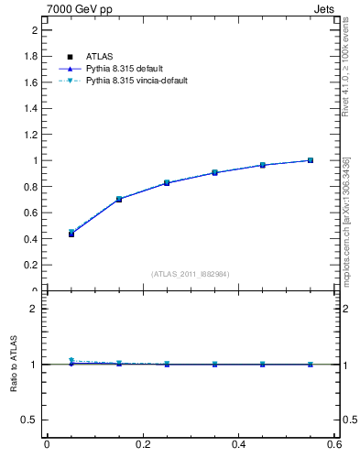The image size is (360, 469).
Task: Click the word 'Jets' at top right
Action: pyautogui.click(x=327, y=8)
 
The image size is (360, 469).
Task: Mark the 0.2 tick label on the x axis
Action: pyautogui.click(x=142, y=444)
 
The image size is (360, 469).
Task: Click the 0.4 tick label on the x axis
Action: pyautogui.click(x=238, y=444)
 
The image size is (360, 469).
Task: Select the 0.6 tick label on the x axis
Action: pyautogui.click(x=334, y=444)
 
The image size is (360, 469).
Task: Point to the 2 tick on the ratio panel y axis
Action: pyautogui.click(x=35, y=309)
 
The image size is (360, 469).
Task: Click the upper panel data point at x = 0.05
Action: pyautogui.click(x=71, y=234)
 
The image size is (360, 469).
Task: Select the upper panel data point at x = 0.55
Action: pyautogui.click(x=311, y=160)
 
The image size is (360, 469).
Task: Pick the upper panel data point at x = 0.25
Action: pyautogui.click(x=167, y=183)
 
